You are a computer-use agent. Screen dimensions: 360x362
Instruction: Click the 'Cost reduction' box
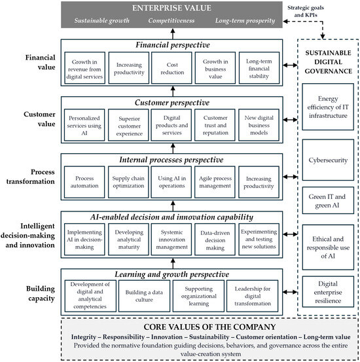coord(171,68)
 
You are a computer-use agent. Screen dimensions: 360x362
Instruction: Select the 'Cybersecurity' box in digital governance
coord(328,160)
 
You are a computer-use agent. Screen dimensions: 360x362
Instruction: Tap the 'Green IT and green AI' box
coord(328,200)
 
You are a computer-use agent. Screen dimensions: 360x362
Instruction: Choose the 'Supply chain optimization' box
coord(128,182)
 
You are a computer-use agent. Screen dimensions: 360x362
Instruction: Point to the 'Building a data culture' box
coord(144,296)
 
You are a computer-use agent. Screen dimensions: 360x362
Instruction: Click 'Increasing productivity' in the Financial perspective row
coord(129,68)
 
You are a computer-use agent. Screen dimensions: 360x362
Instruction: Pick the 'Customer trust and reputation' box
coord(215,125)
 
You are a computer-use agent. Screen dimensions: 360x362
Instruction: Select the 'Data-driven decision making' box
coord(215,240)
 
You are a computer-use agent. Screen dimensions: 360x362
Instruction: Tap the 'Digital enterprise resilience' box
coord(328,292)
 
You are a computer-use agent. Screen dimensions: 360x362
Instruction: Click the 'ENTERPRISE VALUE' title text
coord(171,8)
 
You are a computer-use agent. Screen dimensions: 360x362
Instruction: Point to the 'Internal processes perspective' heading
coord(171,160)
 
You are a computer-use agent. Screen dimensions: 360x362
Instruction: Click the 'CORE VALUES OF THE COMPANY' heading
coord(209,327)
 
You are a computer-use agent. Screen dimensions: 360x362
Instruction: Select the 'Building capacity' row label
coord(41,293)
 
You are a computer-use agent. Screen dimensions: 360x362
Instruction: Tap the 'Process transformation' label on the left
coord(31,177)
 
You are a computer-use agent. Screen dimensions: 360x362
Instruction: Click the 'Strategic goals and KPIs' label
coord(306,11)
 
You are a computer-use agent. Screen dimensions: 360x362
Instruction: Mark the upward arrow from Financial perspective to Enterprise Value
coord(173,33)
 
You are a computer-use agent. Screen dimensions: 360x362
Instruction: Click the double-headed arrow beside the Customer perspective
coord(290,120)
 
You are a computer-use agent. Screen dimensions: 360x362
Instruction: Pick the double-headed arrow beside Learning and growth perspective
coord(290,292)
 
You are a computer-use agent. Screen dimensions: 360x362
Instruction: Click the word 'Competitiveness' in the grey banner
coord(171,20)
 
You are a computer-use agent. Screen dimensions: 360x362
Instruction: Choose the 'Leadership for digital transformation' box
coord(253,296)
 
